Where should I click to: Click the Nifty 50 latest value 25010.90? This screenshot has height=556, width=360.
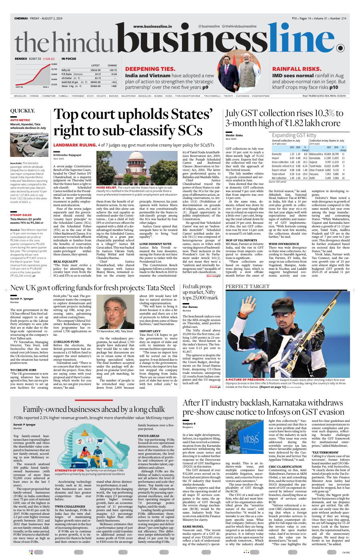pyautogui.click(x=95, y=70)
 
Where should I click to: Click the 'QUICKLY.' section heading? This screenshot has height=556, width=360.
pyautogui.click(x=22, y=111)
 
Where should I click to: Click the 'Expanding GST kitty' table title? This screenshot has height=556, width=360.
pyautogui.click(x=294, y=135)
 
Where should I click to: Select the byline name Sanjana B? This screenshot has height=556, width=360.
pyautogui.click(x=189, y=423)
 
